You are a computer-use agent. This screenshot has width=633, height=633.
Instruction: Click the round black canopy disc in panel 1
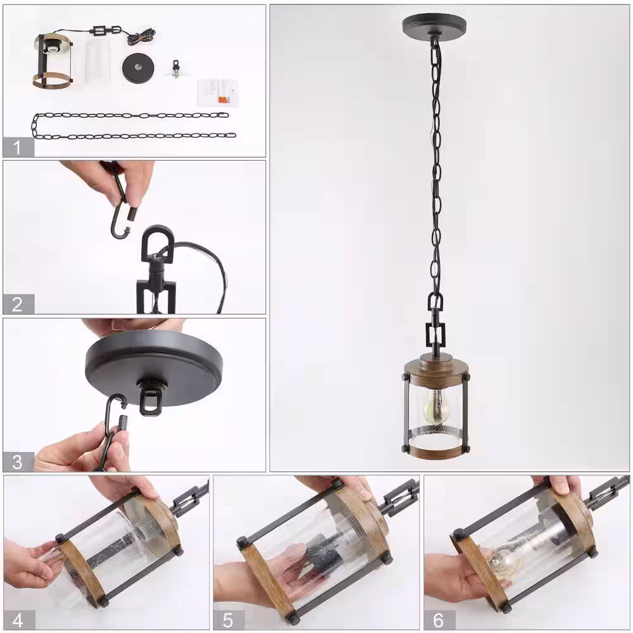(x=138, y=68)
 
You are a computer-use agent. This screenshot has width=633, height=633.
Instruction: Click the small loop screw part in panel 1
(x=175, y=68)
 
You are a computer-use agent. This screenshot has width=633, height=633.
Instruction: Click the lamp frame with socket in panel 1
(x=53, y=61)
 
